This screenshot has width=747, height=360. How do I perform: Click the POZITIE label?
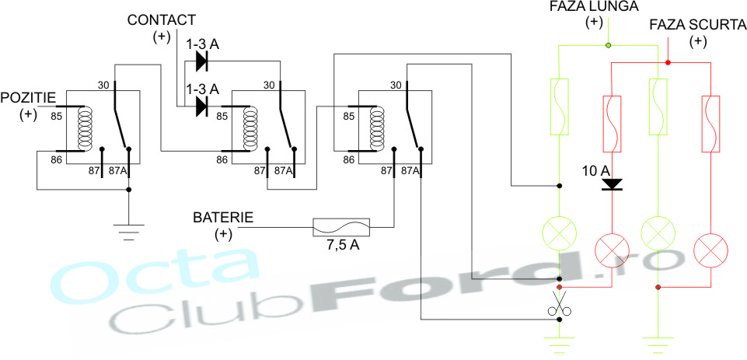(x=27, y=98)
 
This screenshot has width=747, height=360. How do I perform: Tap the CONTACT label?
(x=162, y=20)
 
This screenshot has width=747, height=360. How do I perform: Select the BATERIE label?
(x=223, y=217)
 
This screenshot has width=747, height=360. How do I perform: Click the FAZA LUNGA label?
(x=595, y=6)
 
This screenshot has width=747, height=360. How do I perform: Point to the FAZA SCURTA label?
(x=698, y=25)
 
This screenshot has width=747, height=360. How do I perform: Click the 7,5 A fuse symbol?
(x=341, y=228)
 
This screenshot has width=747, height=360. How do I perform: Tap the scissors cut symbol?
(x=558, y=303)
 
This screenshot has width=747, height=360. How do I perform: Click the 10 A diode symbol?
(x=612, y=184)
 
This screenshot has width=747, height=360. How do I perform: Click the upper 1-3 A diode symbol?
(x=201, y=61)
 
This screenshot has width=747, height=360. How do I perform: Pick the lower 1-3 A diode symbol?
(x=201, y=107)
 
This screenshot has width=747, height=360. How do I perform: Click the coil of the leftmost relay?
(x=86, y=128)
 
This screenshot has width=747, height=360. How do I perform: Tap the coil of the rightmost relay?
(x=377, y=128)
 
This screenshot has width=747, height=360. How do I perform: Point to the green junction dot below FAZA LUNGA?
(x=608, y=46)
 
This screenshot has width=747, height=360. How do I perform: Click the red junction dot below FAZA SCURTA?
(x=668, y=62)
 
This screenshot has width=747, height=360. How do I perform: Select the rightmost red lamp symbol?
(x=711, y=250)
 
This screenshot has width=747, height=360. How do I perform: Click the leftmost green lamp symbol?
(x=560, y=233)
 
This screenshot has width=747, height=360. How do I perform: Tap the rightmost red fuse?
(x=711, y=124)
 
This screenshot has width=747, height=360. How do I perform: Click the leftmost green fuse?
(x=560, y=107)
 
